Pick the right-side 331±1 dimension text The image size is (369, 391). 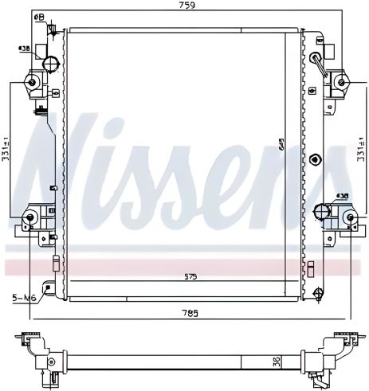coord(362,147)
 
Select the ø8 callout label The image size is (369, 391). coord(38,15)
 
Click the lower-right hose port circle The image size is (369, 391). coord(322,211)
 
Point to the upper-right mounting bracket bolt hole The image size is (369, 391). coord(341,80)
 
